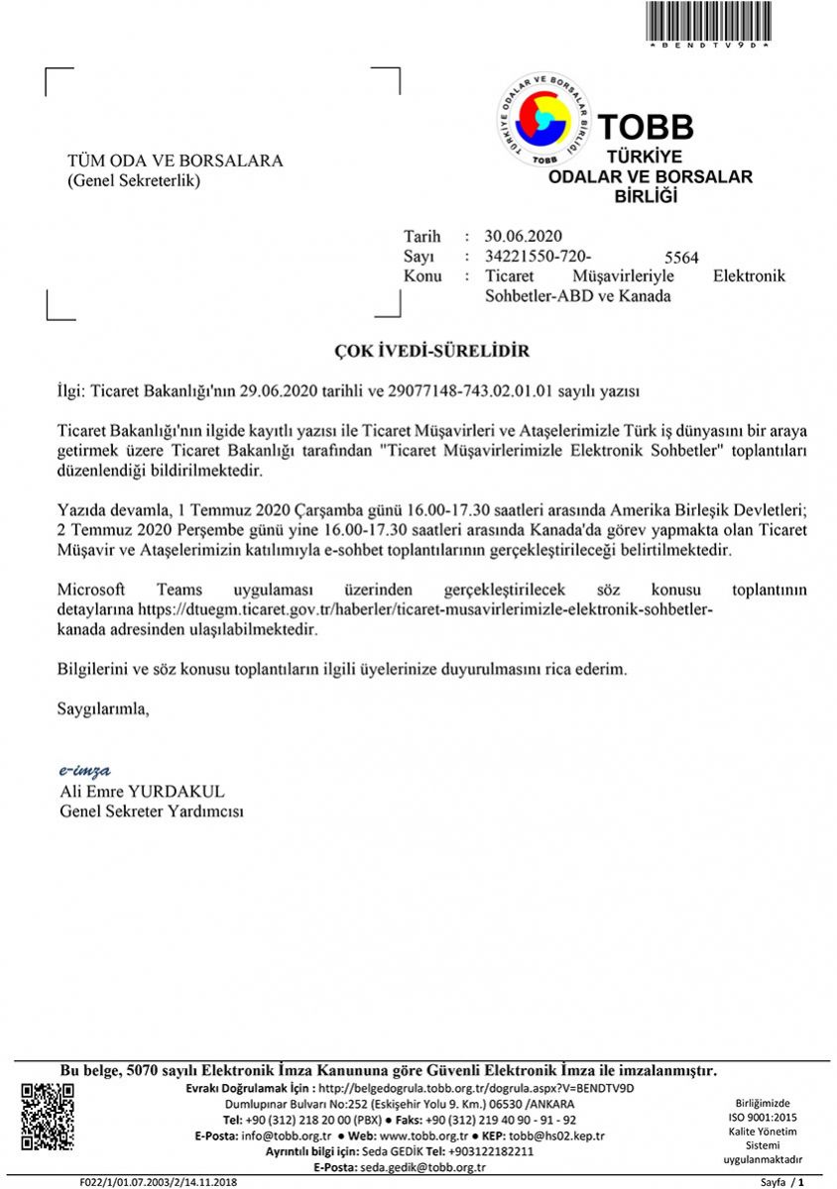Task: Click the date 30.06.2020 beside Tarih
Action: [524, 236]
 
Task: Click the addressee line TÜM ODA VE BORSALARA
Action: [175, 161]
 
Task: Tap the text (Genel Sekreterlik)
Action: [134, 180]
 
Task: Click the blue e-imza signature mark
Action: [84, 771]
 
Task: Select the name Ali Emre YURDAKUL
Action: [143, 791]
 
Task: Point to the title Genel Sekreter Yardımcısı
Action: [152, 811]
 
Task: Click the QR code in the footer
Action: [49, 1118]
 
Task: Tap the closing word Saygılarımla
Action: [103, 708]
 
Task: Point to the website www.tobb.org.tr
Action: [424, 1135]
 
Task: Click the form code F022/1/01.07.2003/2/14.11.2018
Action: [160, 1182]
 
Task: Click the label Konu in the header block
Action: [422, 275]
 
